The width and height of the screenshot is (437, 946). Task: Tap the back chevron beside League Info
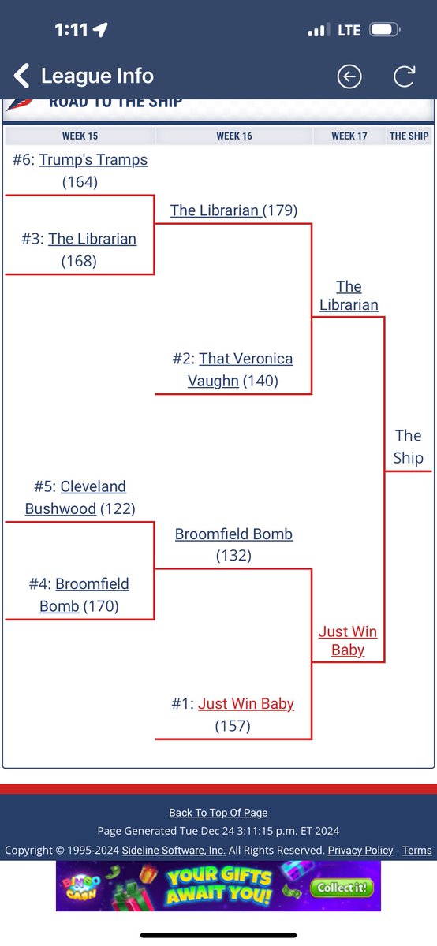click(x=21, y=76)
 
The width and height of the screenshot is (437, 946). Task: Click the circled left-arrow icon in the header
click(x=349, y=76)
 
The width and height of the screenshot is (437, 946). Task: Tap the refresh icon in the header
click(x=404, y=76)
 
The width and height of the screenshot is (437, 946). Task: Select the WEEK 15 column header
click(x=80, y=136)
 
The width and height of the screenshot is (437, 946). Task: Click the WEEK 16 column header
click(x=234, y=136)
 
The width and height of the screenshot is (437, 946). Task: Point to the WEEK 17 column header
click(x=349, y=136)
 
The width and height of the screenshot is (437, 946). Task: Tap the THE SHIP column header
click(x=409, y=136)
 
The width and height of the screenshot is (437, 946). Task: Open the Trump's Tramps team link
click(x=93, y=160)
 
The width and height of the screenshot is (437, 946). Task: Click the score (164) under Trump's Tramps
click(x=80, y=182)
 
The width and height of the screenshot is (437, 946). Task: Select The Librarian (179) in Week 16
click(x=233, y=210)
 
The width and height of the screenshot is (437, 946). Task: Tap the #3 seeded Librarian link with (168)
click(x=92, y=239)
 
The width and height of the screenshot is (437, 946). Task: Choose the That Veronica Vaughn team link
click(x=241, y=370)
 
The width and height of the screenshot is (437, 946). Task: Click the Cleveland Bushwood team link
click(x=76, y=497)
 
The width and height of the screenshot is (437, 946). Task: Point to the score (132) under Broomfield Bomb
click(x=233, y=555)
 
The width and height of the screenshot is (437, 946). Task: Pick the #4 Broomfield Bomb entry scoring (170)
click(x=79, y=595)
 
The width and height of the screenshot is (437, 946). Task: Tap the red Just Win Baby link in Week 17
click(x=348, y=641)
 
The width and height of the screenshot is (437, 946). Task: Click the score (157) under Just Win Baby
click(x=233, y=726)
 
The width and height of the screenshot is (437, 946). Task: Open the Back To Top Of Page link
click(x=218, y=813)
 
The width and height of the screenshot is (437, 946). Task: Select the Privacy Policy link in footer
click(x=360, y=850)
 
